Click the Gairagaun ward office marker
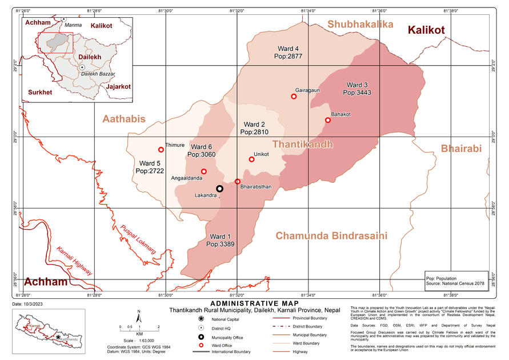coord(294,97)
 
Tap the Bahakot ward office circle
coord(328,120)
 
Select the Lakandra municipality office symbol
coord(219,189)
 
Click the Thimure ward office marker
coord(161,150)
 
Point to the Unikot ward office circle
coord(251,159)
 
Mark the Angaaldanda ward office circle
coord(204,171)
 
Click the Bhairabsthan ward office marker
coord(238,182)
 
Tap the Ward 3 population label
coord(358,88)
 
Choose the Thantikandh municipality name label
coord(302,145)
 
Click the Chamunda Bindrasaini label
coord(331,235)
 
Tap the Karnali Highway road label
coord(74,261)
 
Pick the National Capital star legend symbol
coord(201,318)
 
